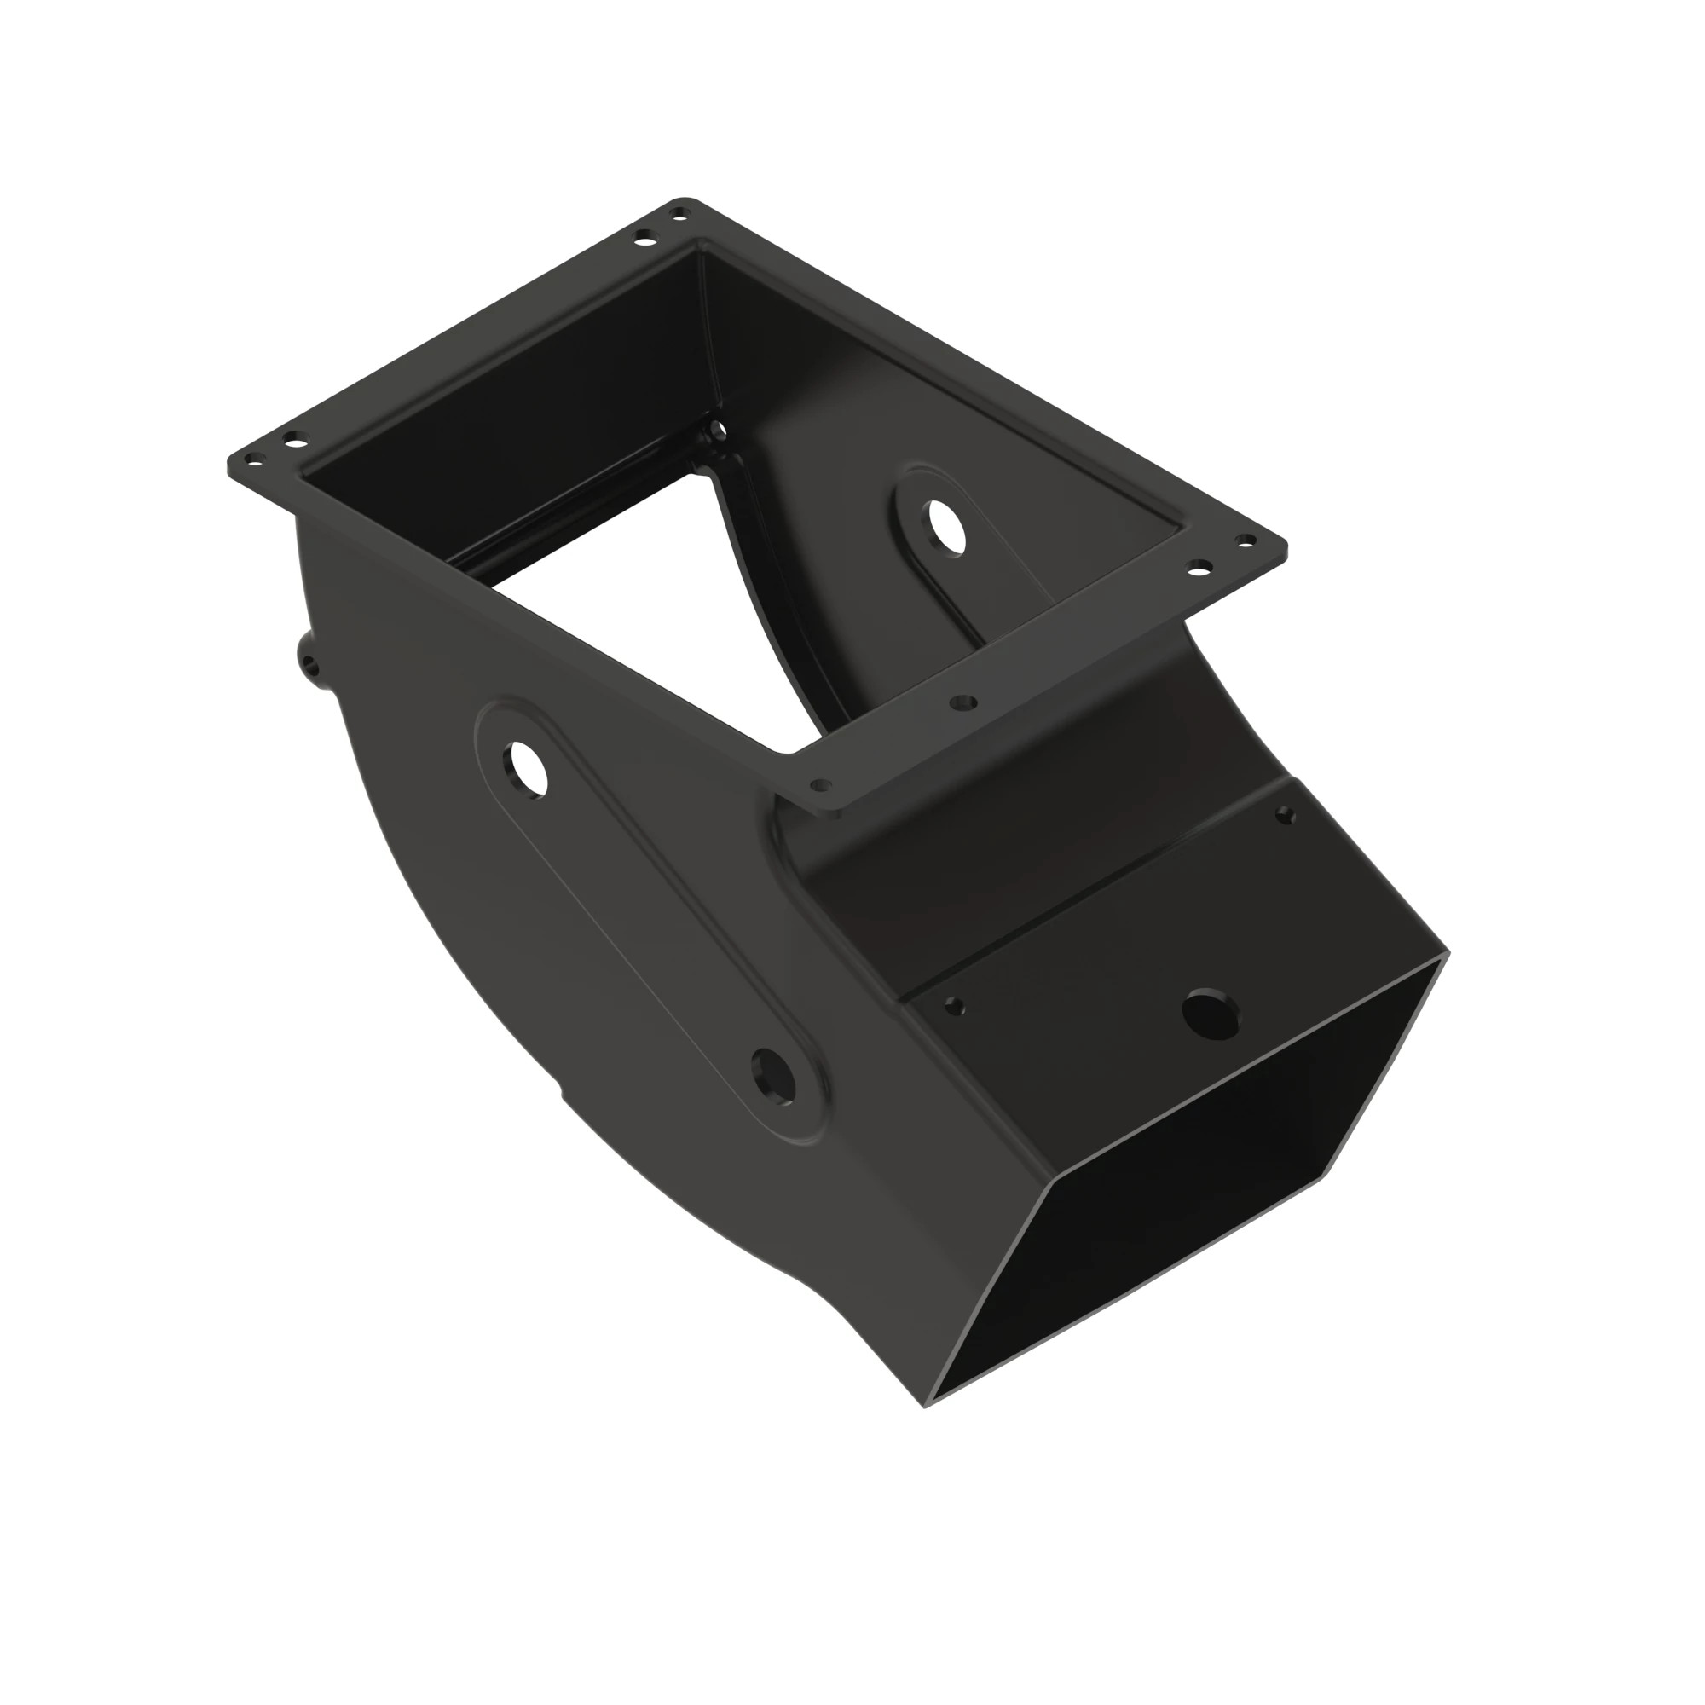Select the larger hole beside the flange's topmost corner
click(647, 237)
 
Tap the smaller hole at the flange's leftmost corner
click(255, 459)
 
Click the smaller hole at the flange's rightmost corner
click(1247, 540)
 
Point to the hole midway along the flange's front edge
click(962, 702)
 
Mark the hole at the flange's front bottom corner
click(821, 783)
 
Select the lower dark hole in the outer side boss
click(772, 1074)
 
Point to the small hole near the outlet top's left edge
click(954, 1005)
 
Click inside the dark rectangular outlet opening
click(1174, 1235)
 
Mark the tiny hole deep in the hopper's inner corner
click(720, 431)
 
